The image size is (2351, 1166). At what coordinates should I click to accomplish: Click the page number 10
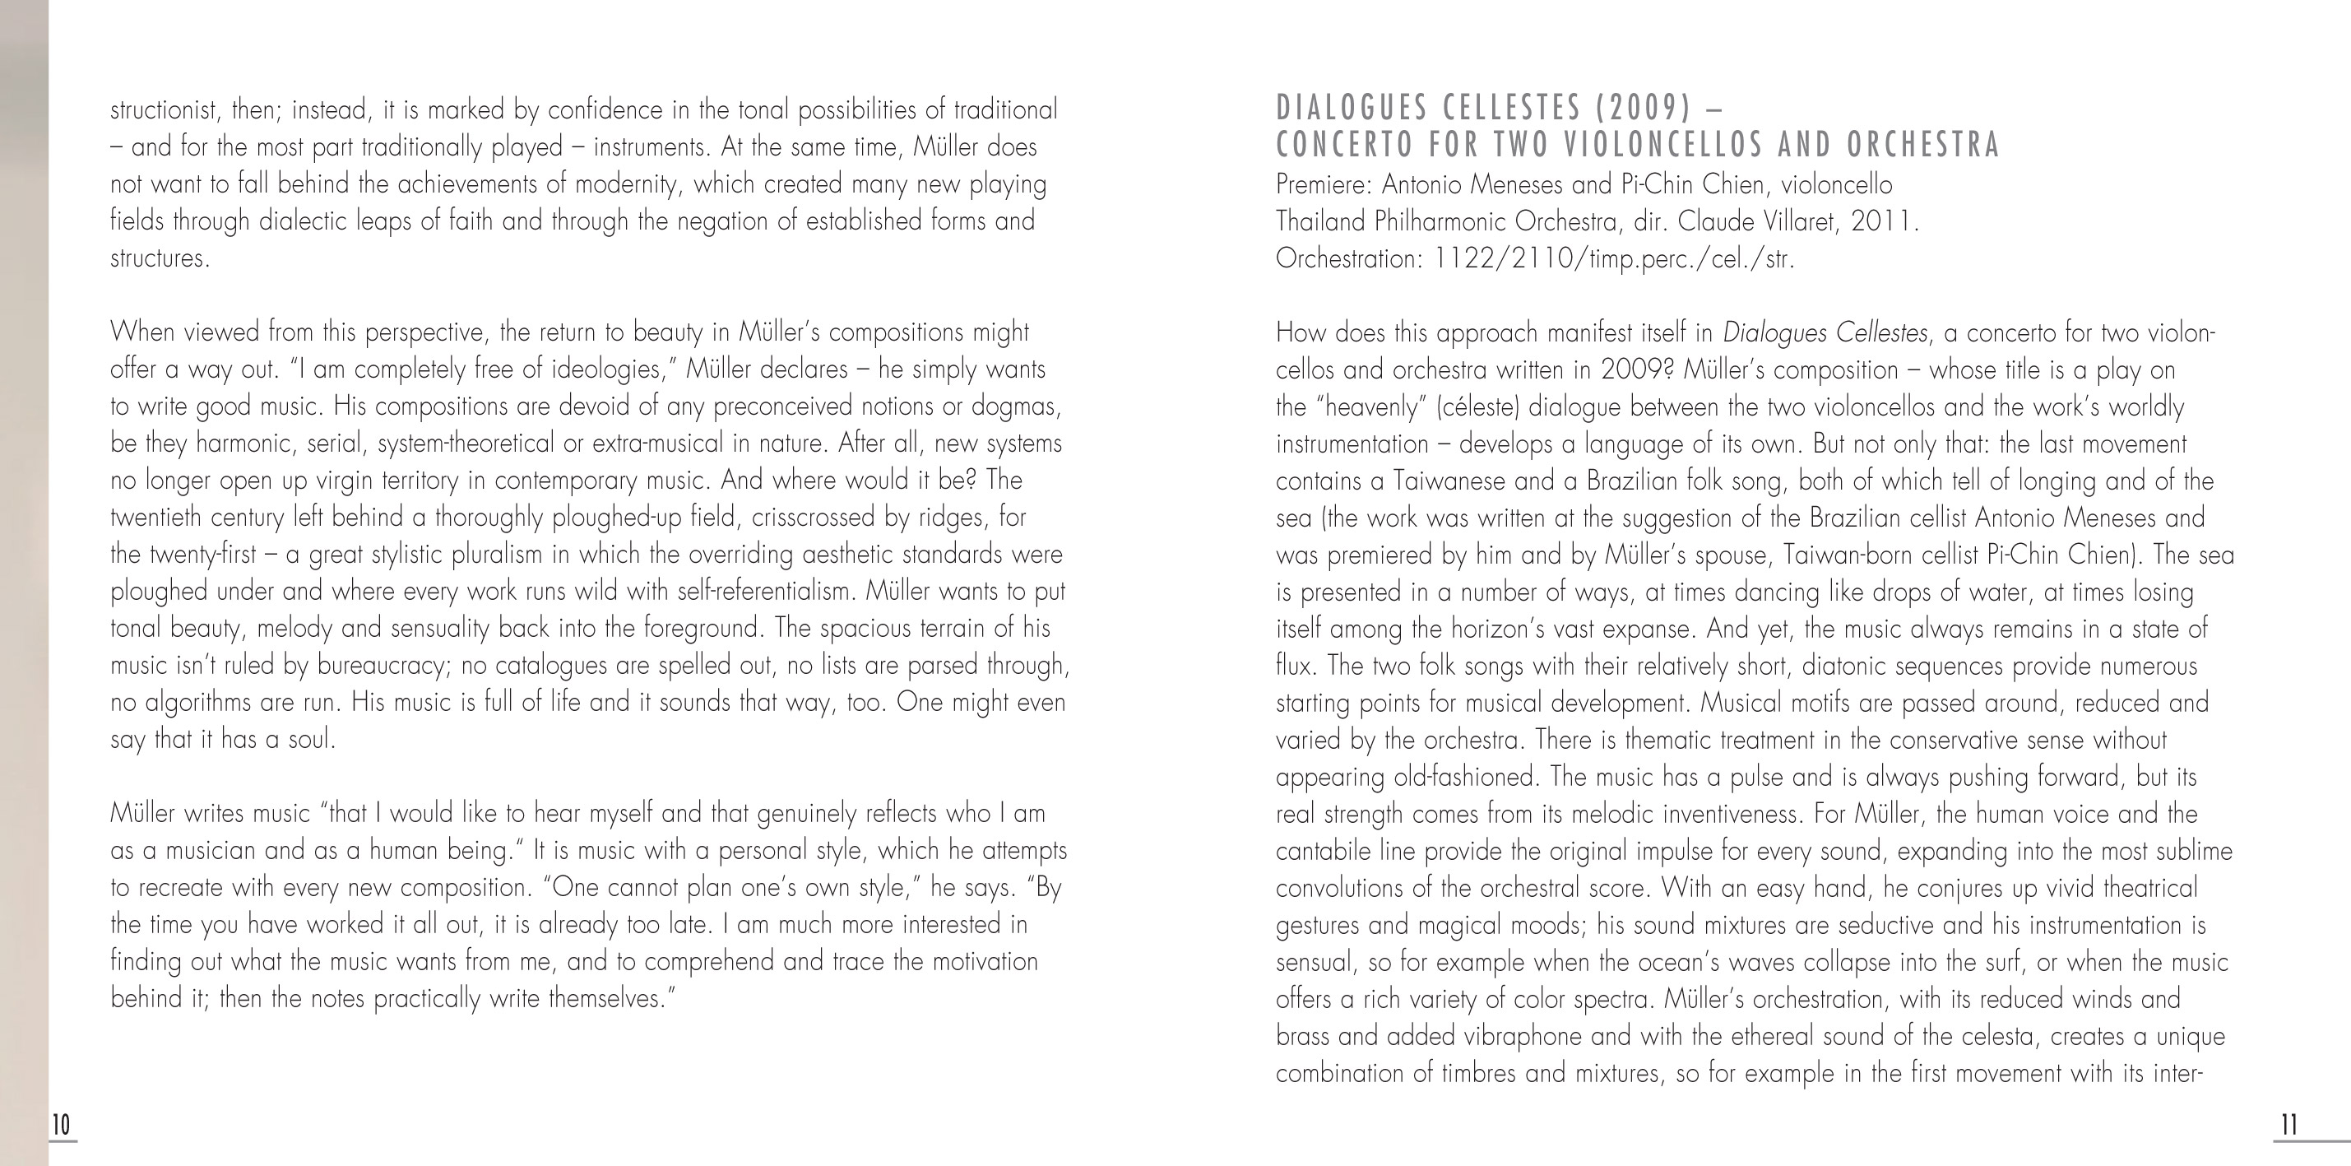(60, 1125)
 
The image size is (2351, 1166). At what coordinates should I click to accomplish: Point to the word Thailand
(1320, 221)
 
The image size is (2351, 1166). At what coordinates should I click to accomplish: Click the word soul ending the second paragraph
(310, 740)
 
